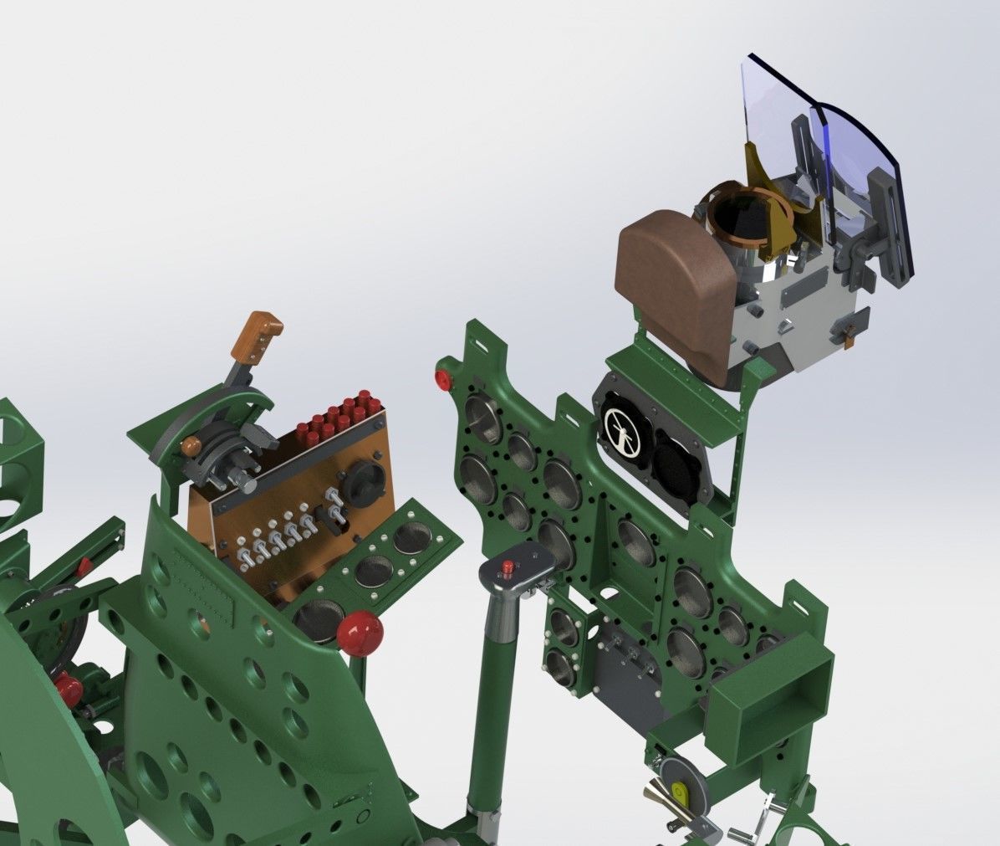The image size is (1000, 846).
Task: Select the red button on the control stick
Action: [x=507, y=568]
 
